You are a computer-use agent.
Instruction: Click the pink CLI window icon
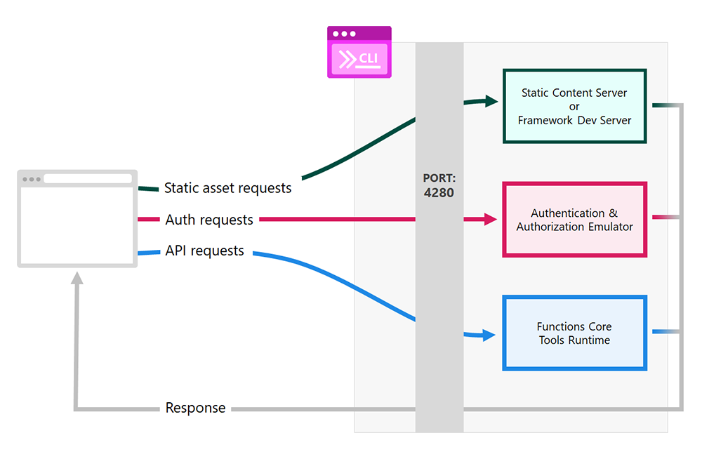click(359, 53)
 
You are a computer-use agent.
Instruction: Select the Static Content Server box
click(574, 106)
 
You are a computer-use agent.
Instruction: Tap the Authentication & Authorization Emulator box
click(574, 220)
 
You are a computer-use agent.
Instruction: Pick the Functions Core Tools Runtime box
click(574, 333)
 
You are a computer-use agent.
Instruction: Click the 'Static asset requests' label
click(227, 188)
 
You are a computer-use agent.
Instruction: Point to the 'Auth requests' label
click(209, 220)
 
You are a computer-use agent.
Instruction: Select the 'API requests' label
click(205, 251)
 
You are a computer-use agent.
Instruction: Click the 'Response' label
click(195, 408)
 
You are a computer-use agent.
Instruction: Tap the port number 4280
click(439, 192)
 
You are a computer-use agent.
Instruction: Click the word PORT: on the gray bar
click(439, 178)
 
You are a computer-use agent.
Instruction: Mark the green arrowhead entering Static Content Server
click(491, 102)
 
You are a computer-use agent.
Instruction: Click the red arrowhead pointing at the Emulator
click(491, 220)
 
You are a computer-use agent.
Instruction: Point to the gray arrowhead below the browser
click(77, 278)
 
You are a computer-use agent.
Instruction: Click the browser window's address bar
click(88, 179)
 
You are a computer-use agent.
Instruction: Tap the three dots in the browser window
click(31, 179)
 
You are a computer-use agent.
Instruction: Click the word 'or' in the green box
click(574, 107)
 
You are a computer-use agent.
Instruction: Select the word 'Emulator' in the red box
click(608, 227)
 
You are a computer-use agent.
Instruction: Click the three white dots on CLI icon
click(343, 34)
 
